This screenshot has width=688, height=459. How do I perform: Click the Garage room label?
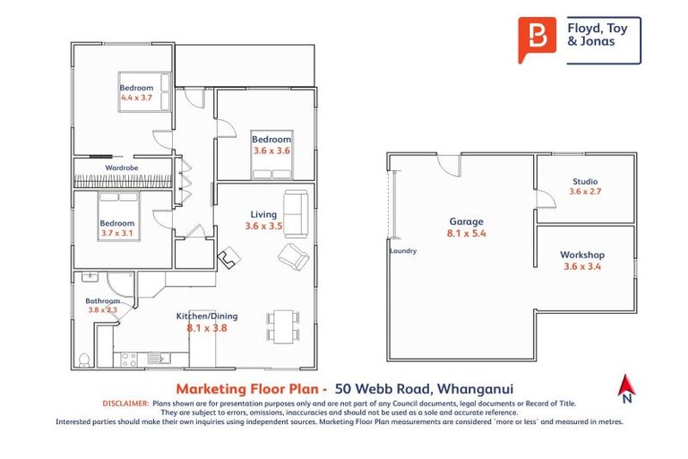[x=466, y=221]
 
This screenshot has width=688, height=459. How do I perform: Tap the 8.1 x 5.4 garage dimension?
[x=466, y=234]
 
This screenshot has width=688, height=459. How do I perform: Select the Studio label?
[x=585, y=182]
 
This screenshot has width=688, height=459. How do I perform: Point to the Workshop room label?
[x=583, y=255]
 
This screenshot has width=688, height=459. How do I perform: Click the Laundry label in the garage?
[x=403, y=251]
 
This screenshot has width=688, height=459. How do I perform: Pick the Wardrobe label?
[x=121, y=168]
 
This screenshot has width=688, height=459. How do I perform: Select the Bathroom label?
[x=102, y=300]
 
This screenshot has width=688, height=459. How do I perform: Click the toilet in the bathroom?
[x=83, y=359]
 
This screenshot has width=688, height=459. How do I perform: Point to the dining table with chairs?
[x=280, y=325]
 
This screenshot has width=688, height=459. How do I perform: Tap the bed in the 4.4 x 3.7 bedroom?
[x=141, y=91]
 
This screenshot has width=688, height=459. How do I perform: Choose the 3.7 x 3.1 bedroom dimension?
[x=116, y=234]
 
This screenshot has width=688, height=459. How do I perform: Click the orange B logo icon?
[x=537, y=39]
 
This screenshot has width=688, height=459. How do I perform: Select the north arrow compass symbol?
[x=626, y=388]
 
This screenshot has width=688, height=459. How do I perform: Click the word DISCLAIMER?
[x=125, y=404]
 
